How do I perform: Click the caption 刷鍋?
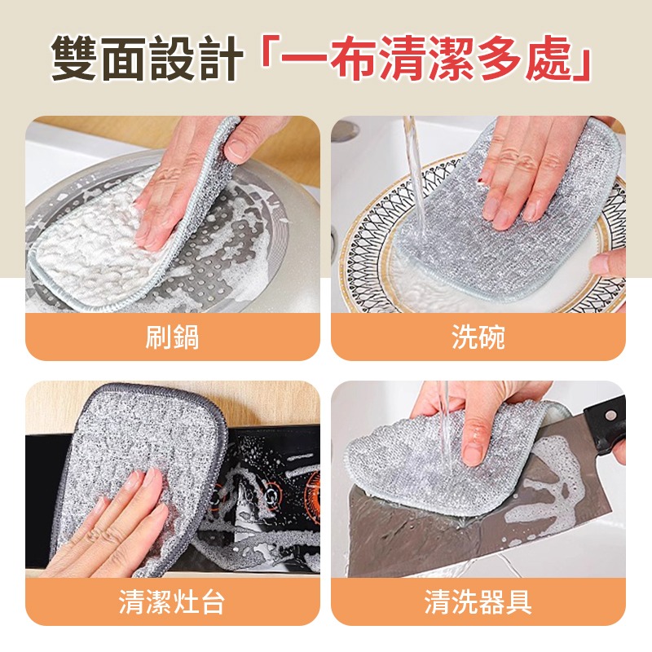click(172, 337)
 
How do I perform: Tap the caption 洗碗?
click(478, 337)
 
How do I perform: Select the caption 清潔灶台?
click(172, 603)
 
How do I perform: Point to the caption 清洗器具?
click(478, 603)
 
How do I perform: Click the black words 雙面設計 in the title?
click(148, 59)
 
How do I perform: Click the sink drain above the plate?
click(346, 130)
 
